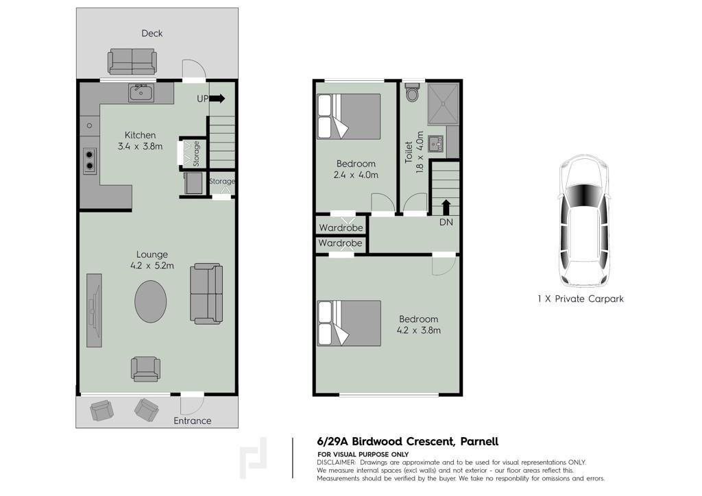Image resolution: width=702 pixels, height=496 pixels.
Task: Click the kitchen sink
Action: click(141, 93)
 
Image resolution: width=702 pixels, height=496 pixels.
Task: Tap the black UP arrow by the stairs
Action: click(217, 99)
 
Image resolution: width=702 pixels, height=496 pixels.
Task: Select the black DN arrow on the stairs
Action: click(446, 208)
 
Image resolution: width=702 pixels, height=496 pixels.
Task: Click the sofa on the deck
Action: click(132, 62)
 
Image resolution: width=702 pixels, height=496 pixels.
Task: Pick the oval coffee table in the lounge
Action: click(151, 301)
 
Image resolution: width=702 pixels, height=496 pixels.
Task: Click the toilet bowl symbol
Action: click(412, 92)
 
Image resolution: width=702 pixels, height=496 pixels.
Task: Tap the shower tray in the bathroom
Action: click(444, 103)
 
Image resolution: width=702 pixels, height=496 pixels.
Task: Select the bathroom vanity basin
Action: click(435, 144)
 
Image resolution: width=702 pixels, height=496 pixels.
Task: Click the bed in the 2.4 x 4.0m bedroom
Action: click(349, 116)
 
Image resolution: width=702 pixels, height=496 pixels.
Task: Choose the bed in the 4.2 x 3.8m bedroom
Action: click(349, 323)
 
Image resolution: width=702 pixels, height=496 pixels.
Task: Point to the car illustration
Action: click(584, 221)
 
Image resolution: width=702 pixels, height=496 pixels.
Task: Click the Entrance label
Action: click(193, 421)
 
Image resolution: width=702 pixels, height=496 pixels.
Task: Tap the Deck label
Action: click(152, 33)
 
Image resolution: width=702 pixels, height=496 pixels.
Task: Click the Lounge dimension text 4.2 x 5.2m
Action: click(152, 266)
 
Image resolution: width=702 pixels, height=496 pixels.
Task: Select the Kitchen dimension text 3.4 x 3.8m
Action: click(140, 146)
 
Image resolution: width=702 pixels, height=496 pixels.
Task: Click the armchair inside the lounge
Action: click(145, 369)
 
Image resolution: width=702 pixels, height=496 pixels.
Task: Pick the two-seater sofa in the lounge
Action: click(206, 293)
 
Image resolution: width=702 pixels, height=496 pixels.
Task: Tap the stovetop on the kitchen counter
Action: click(90, 160)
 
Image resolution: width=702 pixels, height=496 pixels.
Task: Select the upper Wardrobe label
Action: click(341, 227)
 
